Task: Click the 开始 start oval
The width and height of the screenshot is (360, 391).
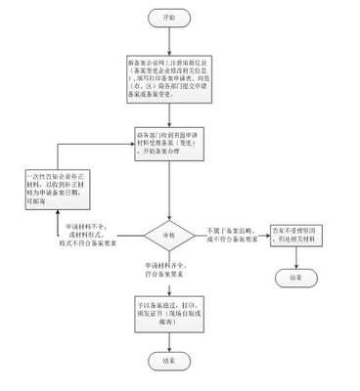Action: [163, 18]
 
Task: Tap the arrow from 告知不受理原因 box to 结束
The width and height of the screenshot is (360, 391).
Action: [295, 257]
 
